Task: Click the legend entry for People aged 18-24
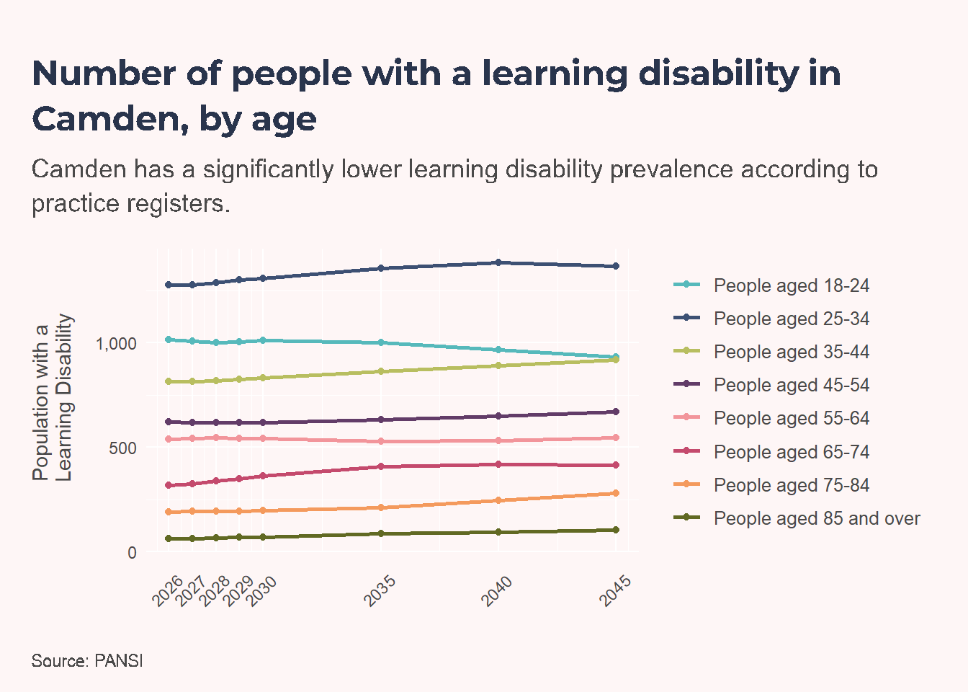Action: (x=772, y=285)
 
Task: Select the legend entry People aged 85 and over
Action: (x=797, y=518)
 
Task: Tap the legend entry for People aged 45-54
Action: (x=772, y=385)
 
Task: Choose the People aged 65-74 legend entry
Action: (x=772, y=452)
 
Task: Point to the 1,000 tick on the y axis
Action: (x=116, y=345)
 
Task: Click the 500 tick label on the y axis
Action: (x=122, y=448)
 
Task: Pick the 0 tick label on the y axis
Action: (x=132, y=553)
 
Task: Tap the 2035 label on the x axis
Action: (x=380, y=591)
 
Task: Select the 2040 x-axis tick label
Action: (x=498, y=591)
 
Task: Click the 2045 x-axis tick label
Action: (x=615, y=591)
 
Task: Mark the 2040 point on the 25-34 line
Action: (x=498, y=262)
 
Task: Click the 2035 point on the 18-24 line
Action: (x=381, y=342)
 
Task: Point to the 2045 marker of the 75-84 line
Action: (x=617, y=493)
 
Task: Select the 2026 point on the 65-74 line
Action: (x=169, y=485)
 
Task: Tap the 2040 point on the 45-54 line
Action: (x=498, y=416)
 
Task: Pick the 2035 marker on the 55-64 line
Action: (x=381, y=441)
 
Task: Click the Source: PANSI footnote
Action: (x=87, y=661)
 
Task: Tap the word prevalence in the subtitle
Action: (x=671, y=169)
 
